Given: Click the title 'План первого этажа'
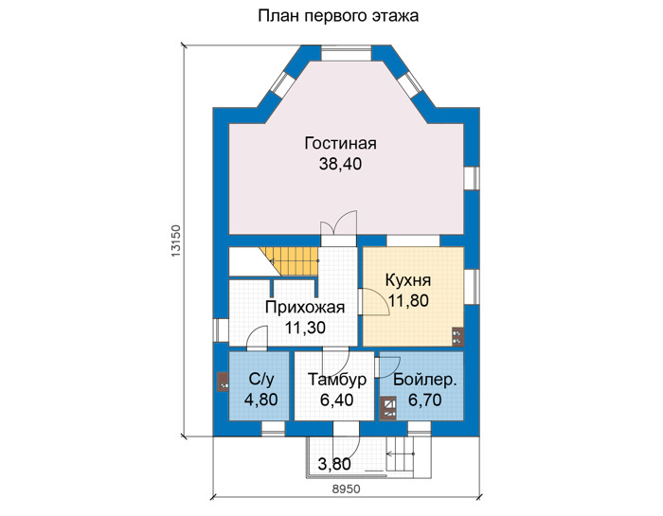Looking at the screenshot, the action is pyautogui.click(x=338, y=16).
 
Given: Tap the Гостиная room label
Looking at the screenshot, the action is pyautogui.click(x=340, y=143).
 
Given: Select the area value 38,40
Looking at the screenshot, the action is pyautogui.click(x=340, y=164).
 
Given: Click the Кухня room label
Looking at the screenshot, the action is pyautogui.click(x=408, y=280).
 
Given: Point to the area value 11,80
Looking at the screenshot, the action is pyautogui.click(x=408, y=300).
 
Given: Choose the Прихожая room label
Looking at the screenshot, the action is pyautogui.click(x=305, y=308).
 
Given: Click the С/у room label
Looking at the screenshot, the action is pyautogui.click(x=261, y=379).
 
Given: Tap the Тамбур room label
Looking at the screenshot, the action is pyautogui.click(x=337, y=380).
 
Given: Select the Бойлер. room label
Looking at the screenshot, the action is pyautogui.click(x=425, y=380).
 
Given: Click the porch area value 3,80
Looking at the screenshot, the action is pyautogui.click(x=334, y=464).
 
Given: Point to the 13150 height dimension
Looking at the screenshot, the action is pyautogui.click(x=176, y=240).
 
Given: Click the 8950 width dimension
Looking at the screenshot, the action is pyautogui.click(x=346, y=489).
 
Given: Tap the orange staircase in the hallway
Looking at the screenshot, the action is pyautogui.click(x=289, y=261).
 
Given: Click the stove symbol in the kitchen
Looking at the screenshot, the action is pyautogui.click(x=457, y=337).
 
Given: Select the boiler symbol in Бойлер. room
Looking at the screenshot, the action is pyautogui.click(x=388, y=409).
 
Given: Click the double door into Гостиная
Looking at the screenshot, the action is pyautogui.click(x=339, y=222).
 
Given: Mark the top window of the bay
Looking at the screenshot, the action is pyautogui.click(x=346, y=54).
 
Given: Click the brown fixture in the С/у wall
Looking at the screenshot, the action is pyautogui.click(x=223, y=383).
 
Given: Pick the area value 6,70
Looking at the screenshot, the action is pyautogui.click(x=425, y=400).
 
